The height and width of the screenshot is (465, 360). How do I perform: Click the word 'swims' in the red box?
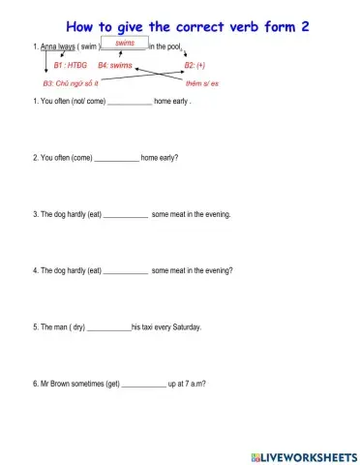click(x=125, y=43)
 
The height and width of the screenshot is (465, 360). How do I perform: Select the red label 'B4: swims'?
click(x=115, y=65)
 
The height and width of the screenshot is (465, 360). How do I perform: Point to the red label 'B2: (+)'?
click(x=195, y=65)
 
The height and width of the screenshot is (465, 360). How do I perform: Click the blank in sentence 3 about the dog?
click(x=125, y=214)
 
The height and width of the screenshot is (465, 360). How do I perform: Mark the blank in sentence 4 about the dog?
click(x=125, y=271)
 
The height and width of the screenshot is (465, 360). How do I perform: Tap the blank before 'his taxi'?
click(x=108, y=327)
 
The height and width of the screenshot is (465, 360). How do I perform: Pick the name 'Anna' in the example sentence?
click(x=48, y=46)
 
